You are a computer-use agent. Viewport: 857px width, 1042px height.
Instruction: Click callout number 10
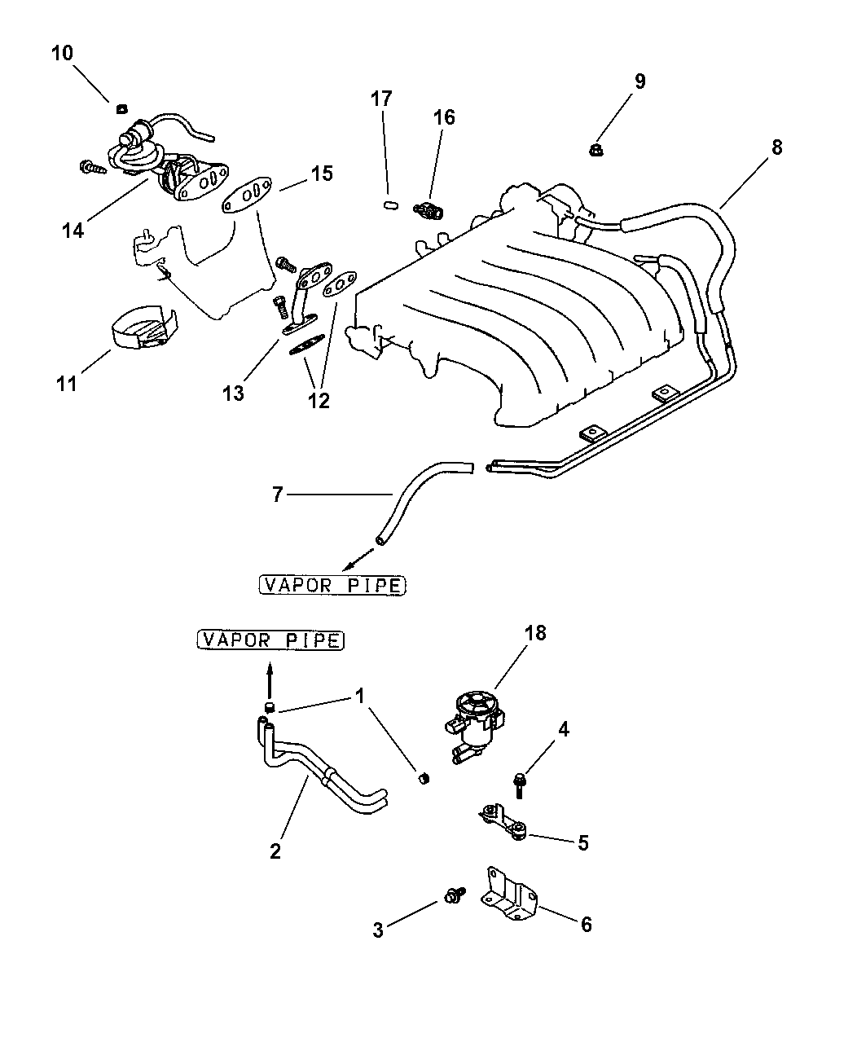[62, 54]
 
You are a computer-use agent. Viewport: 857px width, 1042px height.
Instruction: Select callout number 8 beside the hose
[776, 147]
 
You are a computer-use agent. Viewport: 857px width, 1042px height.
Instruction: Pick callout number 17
[381, 99]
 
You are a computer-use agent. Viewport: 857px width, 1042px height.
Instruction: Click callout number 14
[73, 231]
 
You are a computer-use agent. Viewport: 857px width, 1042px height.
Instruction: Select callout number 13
[233, 393]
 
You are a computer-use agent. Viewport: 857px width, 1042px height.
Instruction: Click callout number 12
[319, 400]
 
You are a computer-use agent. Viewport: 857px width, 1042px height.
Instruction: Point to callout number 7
[277, 495]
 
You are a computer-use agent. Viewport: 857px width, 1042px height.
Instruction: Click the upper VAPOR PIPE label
[332, 584]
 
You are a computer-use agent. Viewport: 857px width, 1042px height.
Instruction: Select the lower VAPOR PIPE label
[270, 640]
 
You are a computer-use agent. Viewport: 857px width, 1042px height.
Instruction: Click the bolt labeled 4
[520, 784]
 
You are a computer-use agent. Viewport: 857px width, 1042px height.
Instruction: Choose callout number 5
[582, 842]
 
